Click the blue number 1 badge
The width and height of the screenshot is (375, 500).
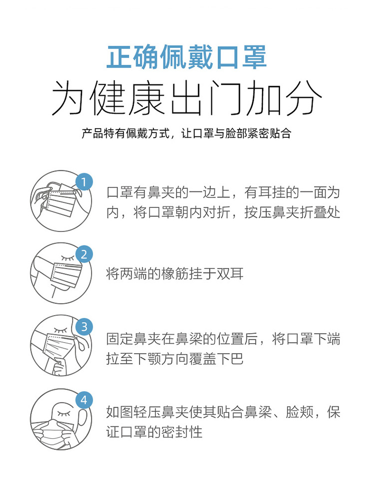[x=83, y=182]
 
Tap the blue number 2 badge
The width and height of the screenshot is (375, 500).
[x=83, y=255]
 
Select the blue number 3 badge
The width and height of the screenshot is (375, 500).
[x=83, y=327]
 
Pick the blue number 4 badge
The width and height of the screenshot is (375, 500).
[x=83, y=400]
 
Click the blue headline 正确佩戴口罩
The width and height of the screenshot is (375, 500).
[x=186, y=58]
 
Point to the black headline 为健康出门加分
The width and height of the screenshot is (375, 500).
[x=187, y=97]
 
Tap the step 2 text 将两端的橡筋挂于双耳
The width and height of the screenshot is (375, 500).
[x=175, y=274]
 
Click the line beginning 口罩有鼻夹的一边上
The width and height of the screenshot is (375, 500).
[x=223, y=192]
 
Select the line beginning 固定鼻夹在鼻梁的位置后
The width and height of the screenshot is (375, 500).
[x=223, y=339]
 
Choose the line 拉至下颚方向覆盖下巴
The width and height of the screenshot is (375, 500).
[x=175, y=359]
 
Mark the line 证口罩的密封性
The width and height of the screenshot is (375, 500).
[x=154, y=432]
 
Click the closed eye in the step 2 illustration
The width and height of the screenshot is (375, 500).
[x=67, y=258]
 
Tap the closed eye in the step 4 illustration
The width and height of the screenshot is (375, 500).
[x=63, y=413]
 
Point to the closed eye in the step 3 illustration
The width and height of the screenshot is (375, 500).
[x=60, y=330]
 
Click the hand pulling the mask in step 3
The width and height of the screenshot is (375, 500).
[x=59, y=367]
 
